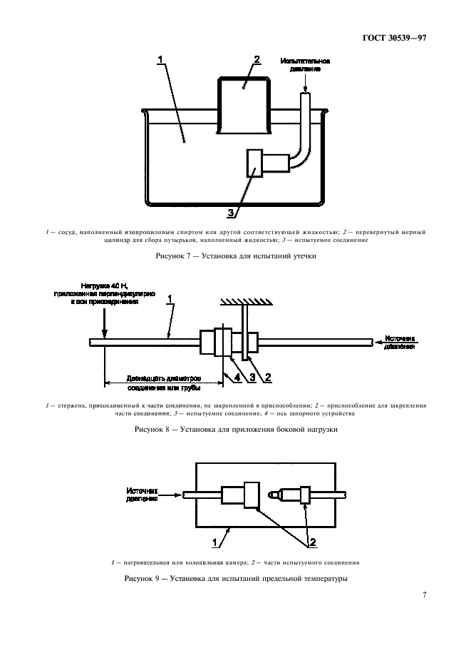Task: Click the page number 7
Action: (424, 595)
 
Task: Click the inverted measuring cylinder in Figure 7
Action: (243, 105)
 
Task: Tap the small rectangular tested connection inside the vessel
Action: (254, 163)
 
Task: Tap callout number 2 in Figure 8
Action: (269, 377)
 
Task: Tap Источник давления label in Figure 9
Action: (142, 495)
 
